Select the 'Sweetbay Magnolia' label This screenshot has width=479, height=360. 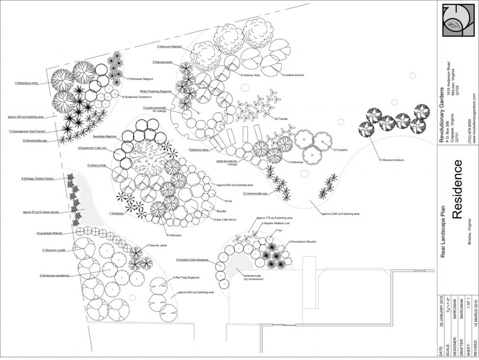104,137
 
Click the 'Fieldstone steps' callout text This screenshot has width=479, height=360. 199,150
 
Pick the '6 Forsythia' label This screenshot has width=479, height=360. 341,150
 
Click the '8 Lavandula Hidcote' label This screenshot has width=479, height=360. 49,233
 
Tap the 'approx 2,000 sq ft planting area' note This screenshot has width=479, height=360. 340,214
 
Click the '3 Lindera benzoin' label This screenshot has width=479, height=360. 293,75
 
